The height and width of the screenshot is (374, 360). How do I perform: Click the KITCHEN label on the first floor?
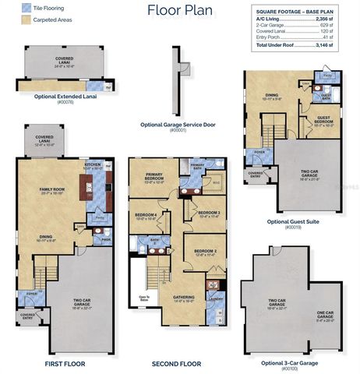click(x=94, y=165)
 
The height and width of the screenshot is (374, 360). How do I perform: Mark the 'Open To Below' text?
click(x=144, y=298)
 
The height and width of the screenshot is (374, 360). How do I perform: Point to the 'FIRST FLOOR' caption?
click(x=65, y=364)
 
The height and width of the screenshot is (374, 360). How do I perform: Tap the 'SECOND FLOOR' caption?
click(x=178, y=364)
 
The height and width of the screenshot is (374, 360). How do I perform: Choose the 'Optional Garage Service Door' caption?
click(x=180, y=125)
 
